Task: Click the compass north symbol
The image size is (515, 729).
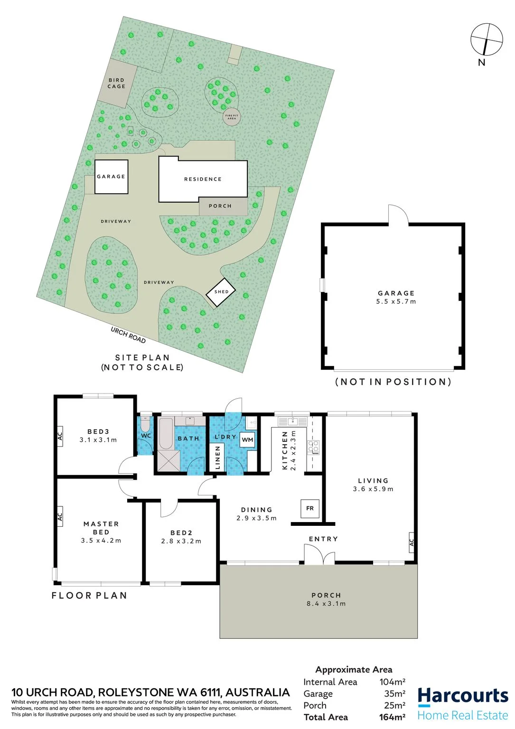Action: pos(487,39)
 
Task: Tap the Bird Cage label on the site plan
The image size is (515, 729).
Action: pos(117,83)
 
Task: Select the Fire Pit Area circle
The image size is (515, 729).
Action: pos(232,116)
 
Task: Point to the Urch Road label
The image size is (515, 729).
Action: pos(128,335)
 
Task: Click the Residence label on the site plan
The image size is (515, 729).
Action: pos(203,179)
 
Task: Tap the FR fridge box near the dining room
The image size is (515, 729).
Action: pos(309,508)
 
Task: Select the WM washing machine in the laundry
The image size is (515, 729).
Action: pos(247,439)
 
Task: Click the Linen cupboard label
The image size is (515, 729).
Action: pos(218,457)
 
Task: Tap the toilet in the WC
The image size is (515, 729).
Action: pos(146,423)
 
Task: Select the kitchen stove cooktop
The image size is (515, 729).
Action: pos(314,447)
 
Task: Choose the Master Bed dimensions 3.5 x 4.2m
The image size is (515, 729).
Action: pos(101,541)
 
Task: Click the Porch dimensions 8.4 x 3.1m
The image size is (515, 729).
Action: pos(326,604)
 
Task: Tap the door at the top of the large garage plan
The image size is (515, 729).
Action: pos(398,215)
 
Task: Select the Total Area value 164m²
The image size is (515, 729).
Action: pos(392,717)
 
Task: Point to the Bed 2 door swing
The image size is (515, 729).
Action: pos(169,509)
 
